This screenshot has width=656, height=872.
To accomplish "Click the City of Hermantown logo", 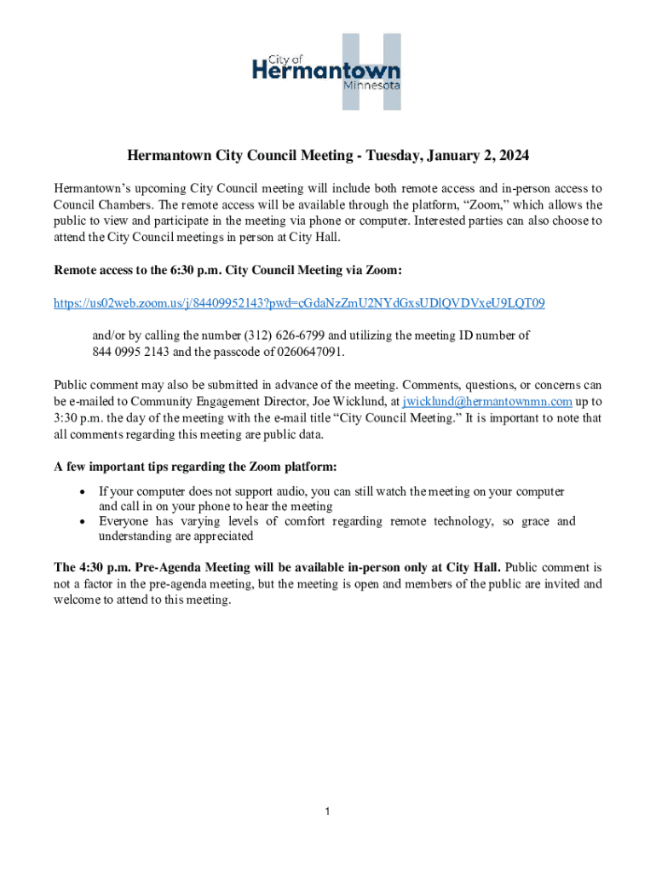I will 327,72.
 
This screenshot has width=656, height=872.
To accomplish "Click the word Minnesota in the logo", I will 371,86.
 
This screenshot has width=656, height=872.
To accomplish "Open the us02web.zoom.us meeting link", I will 299,303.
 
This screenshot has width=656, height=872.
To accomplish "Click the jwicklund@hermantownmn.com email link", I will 487,401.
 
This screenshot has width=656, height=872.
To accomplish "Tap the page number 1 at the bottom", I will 327,812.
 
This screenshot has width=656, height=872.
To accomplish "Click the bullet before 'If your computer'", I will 82,491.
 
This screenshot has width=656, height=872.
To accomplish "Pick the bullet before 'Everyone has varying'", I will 82,521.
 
